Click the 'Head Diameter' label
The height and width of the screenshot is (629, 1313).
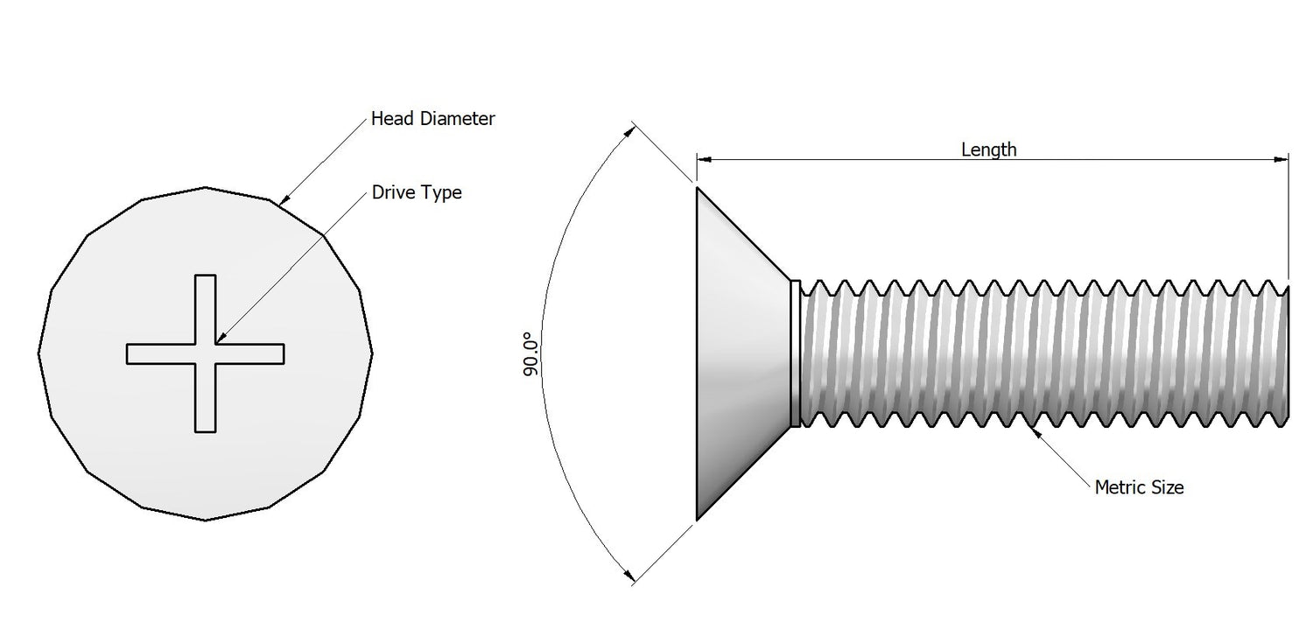[432, 118]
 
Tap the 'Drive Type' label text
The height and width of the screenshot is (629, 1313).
[416, 192]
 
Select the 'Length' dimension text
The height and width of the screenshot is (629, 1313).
[988, 150]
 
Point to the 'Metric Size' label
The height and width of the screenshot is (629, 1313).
[1139, 486]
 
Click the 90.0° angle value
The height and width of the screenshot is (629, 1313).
[530, 354]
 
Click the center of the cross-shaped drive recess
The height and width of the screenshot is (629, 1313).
[205, 353]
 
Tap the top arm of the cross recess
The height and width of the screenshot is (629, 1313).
[205, 306]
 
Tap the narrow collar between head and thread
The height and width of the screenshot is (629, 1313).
[795, 353]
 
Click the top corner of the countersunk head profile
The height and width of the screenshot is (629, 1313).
[697, 187]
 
